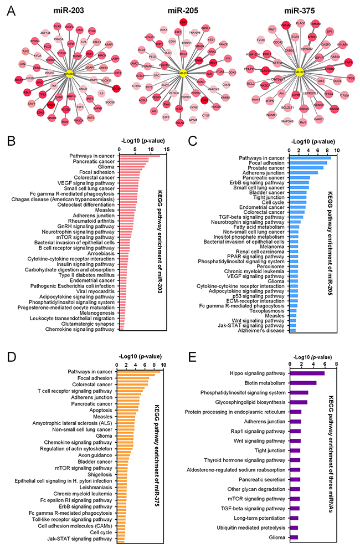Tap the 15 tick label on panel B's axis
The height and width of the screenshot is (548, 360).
(x=167, y=148)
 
